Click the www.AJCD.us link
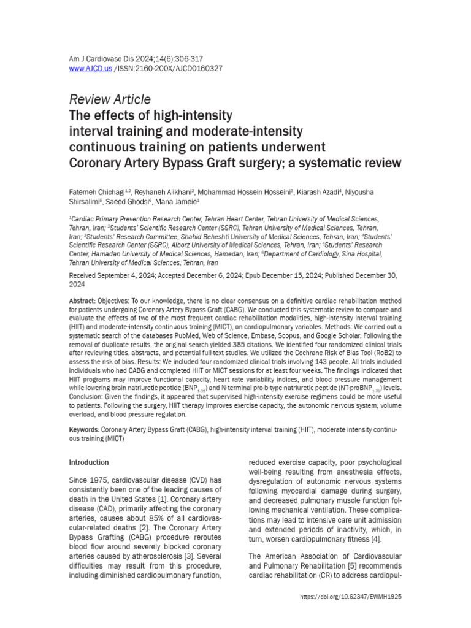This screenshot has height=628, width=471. point(91,69)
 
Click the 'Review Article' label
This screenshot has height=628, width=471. point(110,99)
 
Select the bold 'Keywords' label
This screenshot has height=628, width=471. point(83,430)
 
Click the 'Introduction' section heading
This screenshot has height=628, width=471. point(89,462)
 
